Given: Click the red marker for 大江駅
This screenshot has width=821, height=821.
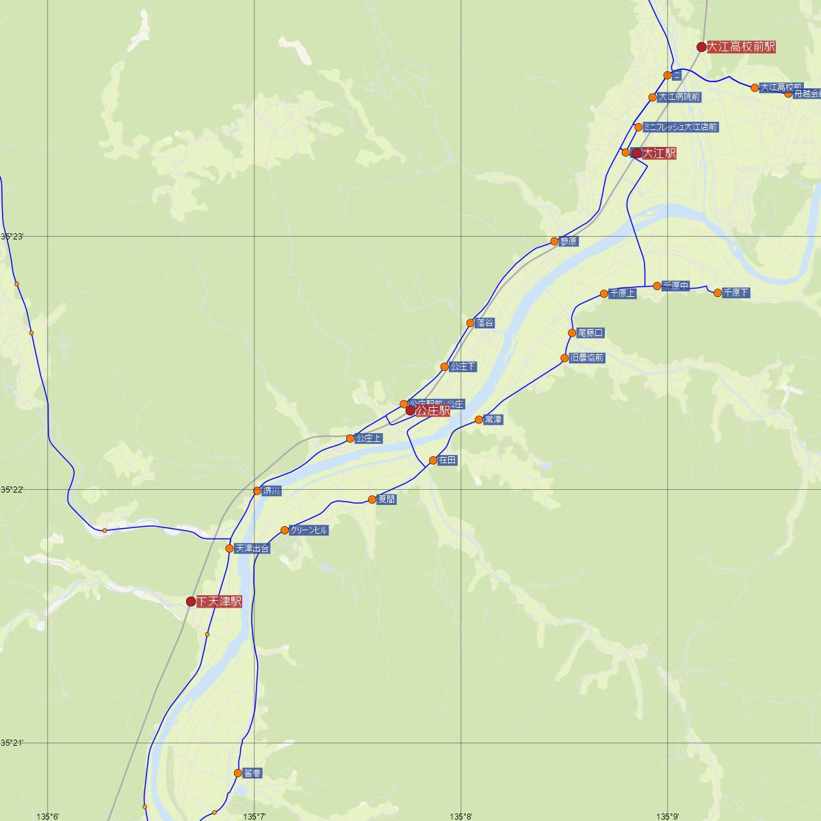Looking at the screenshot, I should coord(637,153).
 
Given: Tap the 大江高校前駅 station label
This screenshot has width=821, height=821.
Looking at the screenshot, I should coord(742,47).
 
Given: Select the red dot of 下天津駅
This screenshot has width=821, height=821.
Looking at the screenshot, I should coord(191,601).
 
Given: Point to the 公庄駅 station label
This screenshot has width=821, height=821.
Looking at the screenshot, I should coord(432,411).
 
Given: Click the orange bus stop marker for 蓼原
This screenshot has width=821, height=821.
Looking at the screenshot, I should coord(554,242).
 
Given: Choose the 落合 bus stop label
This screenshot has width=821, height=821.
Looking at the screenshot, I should coord(485,323).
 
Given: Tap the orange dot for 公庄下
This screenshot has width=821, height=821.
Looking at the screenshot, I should coord(445,367).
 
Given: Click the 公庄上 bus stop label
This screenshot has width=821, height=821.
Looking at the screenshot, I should coord(369,439).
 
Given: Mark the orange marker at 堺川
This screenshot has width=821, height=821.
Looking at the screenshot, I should coord(257,491).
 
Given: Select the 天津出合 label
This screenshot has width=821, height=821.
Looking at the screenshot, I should coord(252,549).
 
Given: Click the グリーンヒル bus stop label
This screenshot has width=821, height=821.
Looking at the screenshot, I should coord(309,530).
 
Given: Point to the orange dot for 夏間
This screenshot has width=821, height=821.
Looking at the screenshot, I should coord(372,499).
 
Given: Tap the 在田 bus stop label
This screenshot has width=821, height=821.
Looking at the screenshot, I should coord(447,460).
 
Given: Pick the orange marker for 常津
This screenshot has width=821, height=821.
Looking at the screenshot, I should coord(479,419).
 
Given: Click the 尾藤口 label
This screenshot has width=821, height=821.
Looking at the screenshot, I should coord(590,333).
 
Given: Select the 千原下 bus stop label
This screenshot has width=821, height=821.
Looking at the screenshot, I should coord(736,293).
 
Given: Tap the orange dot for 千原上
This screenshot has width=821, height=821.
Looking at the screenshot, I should coord(604,294).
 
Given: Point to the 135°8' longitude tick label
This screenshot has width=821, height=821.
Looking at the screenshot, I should coord(461,816).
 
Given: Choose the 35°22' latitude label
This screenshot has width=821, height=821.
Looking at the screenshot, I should coord(12,490).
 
